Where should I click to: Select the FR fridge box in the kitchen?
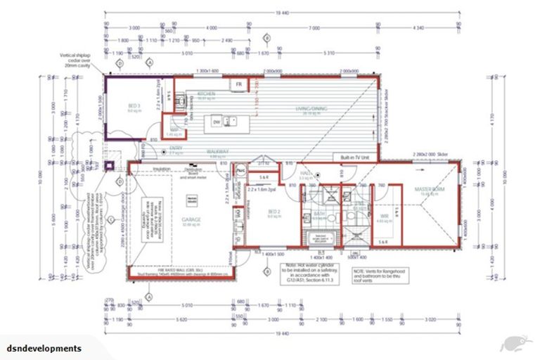click(238, 84)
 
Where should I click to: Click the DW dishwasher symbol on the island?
click(217, 122)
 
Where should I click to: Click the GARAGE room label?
click(191, 219)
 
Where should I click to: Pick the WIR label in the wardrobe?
click(385, 216)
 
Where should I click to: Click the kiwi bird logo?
click(515, 342)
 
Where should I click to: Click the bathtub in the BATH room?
click(319, 236)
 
